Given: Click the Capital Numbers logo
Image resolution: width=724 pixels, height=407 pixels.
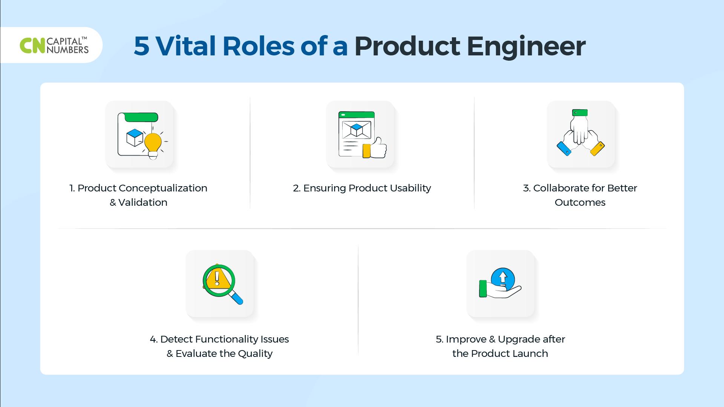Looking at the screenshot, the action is (x=54, y=45).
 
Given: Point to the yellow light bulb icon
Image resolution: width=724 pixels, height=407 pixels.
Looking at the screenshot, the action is (x=153, y=143).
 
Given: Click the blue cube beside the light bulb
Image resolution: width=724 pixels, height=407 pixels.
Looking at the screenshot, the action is (x=134, y=138).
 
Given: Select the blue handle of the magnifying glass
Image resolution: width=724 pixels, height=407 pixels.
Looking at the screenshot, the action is (x=237, y=298).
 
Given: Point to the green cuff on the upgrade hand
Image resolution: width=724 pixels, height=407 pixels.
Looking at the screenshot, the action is (x=482, y=289).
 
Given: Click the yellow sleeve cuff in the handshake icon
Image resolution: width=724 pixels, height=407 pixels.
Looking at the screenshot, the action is (x=597, y=148).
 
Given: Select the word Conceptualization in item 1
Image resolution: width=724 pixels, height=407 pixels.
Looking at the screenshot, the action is (x=163, y=188).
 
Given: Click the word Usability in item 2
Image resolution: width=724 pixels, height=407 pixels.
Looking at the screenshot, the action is (x=410, y=188).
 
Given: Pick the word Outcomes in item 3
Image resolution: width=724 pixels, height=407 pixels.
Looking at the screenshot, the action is (x=580, y=202).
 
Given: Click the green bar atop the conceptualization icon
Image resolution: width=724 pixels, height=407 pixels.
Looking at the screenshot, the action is (x=141, y=117).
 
